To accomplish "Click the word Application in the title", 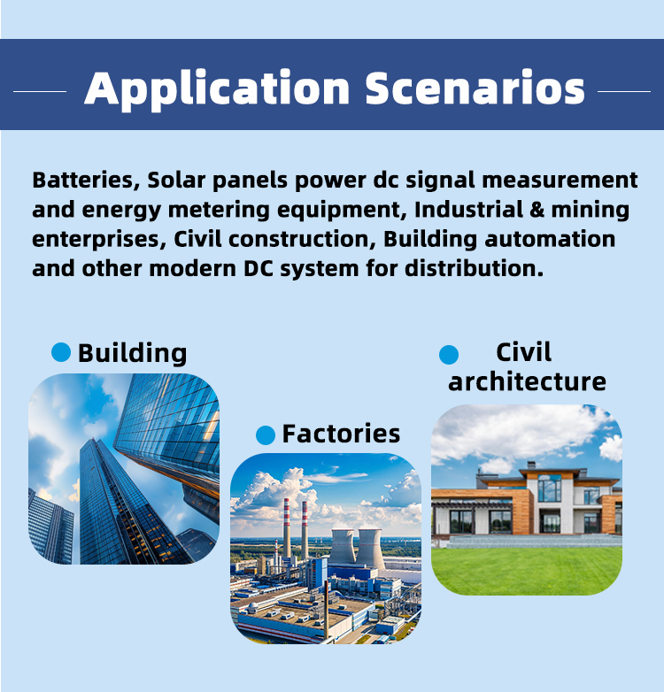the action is point(217,88).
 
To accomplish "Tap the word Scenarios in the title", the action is point(475,88).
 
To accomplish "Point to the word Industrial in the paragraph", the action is point(468,209).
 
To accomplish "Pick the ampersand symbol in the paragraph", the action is point(537,210).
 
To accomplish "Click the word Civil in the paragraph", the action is point(197,239).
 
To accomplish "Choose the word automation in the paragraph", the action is point(550,239).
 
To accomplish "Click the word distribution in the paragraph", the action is point(474,268).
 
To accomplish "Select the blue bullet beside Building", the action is point(61,352).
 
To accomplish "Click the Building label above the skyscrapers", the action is point(133,353).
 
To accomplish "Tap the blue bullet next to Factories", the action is point(266,435).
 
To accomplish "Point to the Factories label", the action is point(341,434).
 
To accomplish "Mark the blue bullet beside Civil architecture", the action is point(449,354).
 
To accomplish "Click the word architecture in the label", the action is point(527,381).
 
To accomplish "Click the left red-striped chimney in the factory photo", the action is point(287,527).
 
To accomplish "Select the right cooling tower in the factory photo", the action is point(370,548).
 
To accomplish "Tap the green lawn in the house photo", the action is point(526,571).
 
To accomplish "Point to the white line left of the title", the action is point(40,91).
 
